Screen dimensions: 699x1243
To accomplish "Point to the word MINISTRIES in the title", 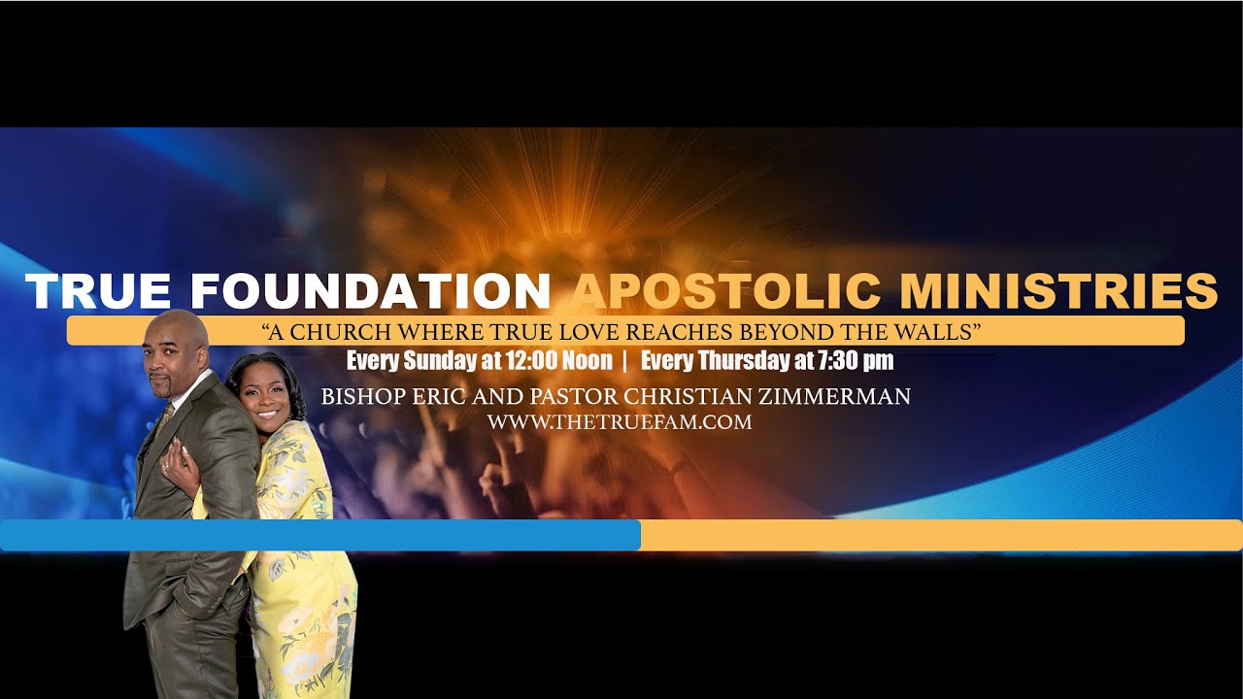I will point(1058,292).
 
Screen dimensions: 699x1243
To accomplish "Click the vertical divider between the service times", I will point(625,361).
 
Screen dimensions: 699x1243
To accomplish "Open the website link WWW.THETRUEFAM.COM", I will point(620,422).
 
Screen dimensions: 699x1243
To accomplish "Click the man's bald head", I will point(177,328).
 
